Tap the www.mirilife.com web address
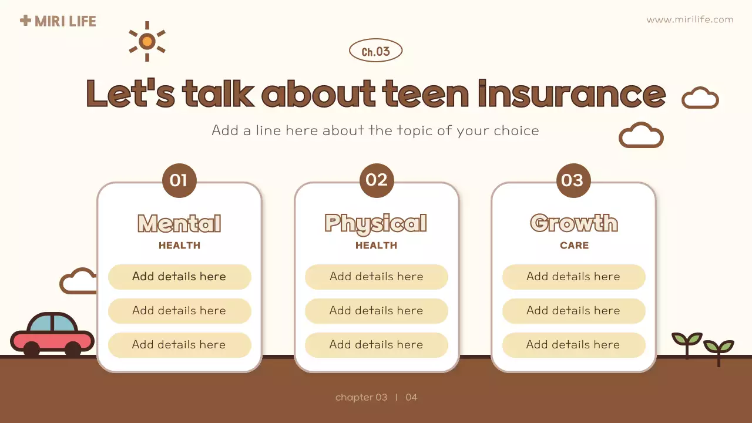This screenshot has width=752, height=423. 690,19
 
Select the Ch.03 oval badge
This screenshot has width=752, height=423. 375,51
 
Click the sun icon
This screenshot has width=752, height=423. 147,41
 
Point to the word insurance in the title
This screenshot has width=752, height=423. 571,94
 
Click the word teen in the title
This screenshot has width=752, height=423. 425,94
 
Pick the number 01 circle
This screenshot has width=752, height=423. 179,180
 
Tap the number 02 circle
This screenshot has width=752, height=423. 376,180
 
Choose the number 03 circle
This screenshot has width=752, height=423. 573,180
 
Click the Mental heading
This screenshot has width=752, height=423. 179,224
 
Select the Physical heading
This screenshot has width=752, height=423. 376,224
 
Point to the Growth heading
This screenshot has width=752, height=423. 573,223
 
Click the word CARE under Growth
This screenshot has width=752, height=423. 574,246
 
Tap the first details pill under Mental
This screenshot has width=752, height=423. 179,277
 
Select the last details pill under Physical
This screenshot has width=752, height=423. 376,345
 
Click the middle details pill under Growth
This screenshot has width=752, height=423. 573,311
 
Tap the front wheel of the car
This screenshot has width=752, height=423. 73,350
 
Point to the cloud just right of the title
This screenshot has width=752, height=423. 700,98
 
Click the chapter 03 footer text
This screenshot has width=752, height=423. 361,398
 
